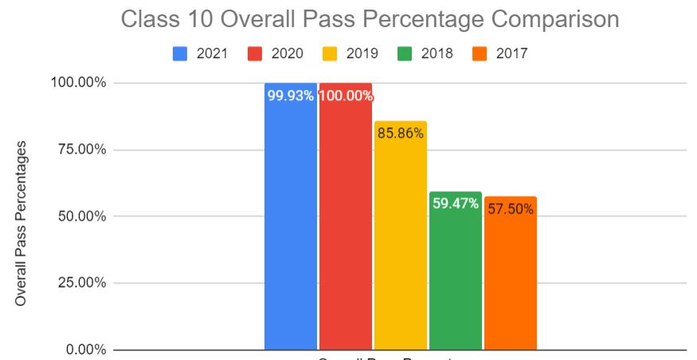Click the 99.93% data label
pyautogui.click(x=290, y=96)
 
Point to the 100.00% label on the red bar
pyautogui.click(x=346, y=96)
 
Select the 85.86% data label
pyautogui.click(x=400, y=134)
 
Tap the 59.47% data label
pyautogui.click(x=455, y=203)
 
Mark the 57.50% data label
pyautogui.click(x=510, y=209)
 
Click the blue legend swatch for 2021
pyautogui.click(x=181, y=53)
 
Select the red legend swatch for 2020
pyautogui.click(x=256, y=53)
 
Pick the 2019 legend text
pyautogui.click(x=362, y=53)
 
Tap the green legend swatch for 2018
pyautogui.click(x=405, y=53)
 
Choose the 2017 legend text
pyautogui.click(x=511, y=53)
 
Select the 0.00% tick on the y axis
pyautogui.click(x=83, y=350)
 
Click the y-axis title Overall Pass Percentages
pyautogui.click(x=22, y=223)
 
